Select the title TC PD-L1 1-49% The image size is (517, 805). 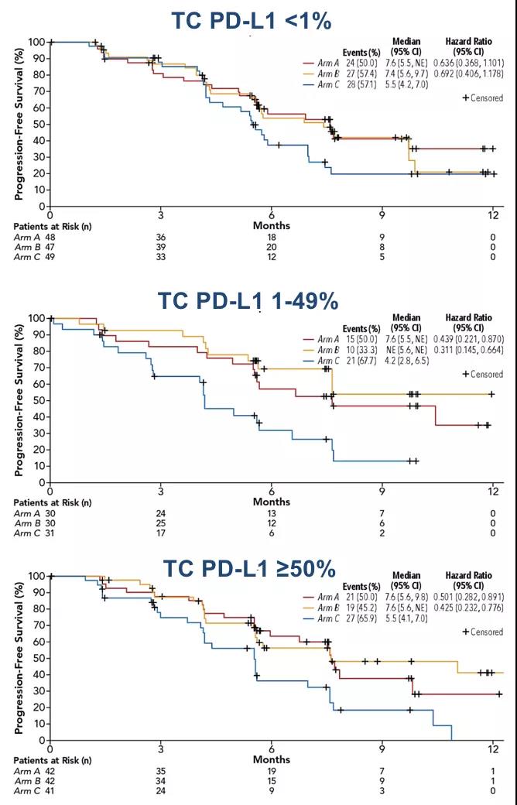click(248, 300)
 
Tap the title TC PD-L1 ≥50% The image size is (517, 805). click(248, 569)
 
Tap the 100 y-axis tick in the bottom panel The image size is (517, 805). click(34, 577)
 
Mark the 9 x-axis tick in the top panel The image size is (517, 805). click(382, 213)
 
